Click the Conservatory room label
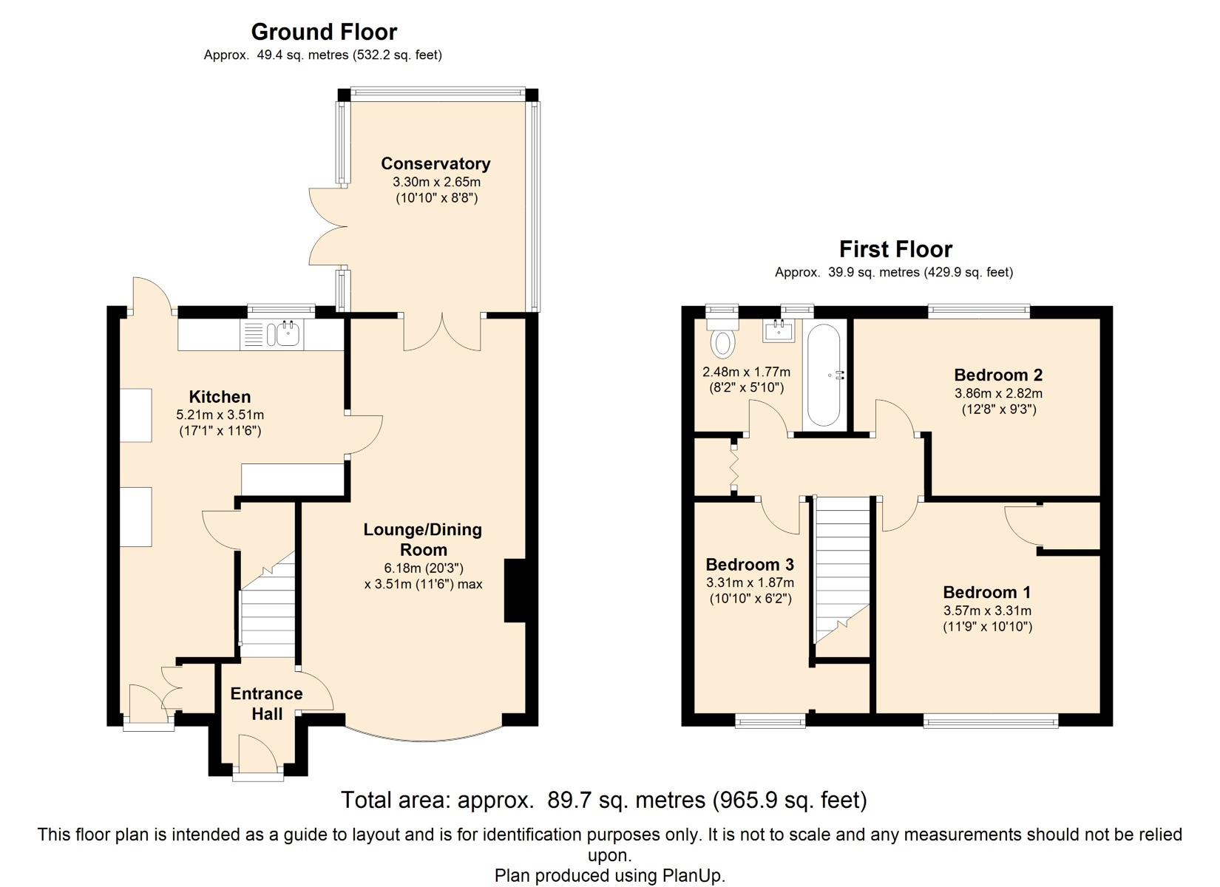click(x=436, y=163)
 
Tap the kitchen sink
click(x=288, y=333)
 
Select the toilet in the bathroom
click(x=722, y=338)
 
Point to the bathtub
click(x=824, y=375)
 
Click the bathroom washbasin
click(x=779, y=330)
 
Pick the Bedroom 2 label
click(x=998, y=375)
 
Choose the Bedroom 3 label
click(x=750, y=564)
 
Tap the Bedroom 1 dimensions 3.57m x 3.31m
click(x=987, y=611)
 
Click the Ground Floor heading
click(x=324, y=32)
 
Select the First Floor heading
click(x=896, y=249)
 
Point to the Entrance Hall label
click(x=266, y=704)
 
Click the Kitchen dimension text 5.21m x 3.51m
click(x=220, y=415)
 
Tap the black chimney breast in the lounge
click(x=515, y=591)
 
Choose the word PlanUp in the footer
click(x=693, y=875)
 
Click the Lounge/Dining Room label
click(x=423, y=539)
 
